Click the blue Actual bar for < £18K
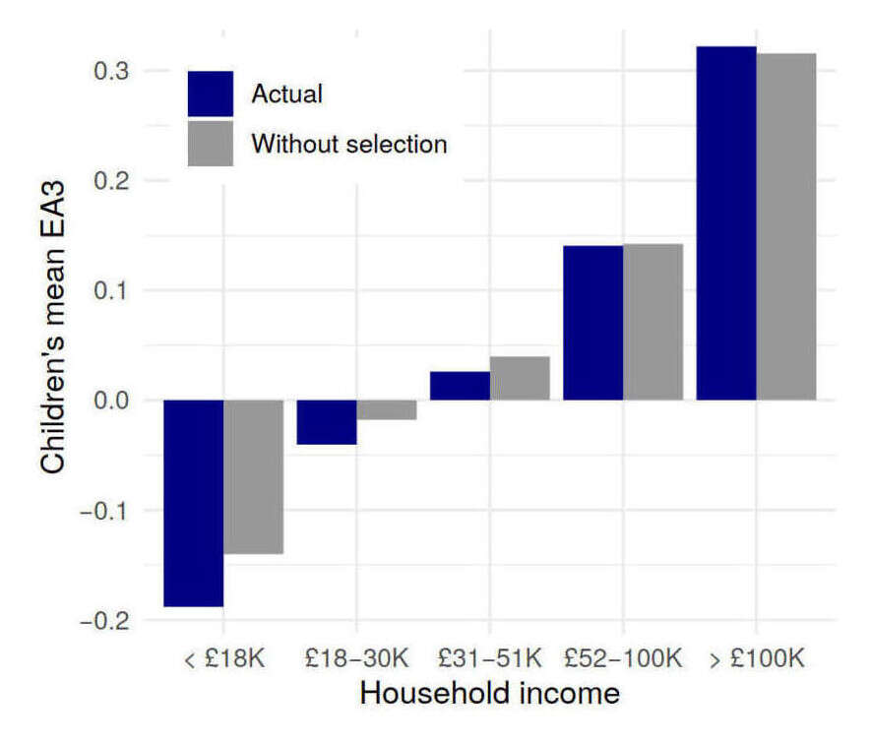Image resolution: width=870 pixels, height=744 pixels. (193, 503)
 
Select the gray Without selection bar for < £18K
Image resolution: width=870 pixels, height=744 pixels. (254, 476)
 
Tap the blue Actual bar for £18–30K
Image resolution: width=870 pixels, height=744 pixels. (327, 421)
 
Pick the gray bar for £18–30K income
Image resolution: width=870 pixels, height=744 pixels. (387, 409)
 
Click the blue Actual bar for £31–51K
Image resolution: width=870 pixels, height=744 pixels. (460, 386)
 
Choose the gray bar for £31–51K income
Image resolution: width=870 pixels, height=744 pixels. (520, 378)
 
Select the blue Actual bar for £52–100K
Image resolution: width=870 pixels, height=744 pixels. (592, 323)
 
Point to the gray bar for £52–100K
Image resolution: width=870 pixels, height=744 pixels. (652, 322)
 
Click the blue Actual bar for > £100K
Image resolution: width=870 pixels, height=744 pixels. (725, 223)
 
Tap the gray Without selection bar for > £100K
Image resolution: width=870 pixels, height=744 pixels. (786, 226)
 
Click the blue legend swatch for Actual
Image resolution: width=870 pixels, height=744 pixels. (211, 94)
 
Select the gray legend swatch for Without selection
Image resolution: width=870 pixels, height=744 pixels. (211, 144)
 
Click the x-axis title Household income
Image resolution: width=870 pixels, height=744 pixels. (489, 694)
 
